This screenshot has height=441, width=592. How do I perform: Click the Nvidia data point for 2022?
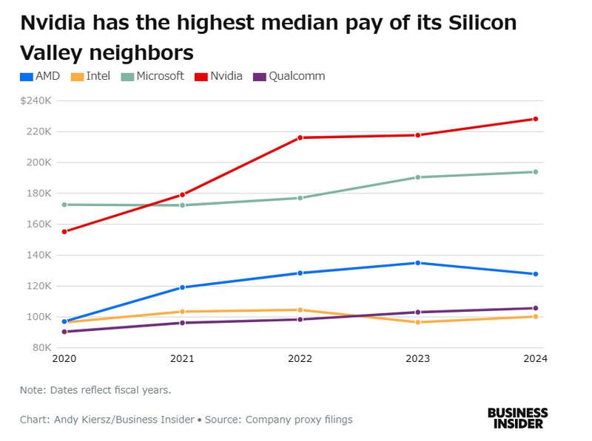tap(300, 137)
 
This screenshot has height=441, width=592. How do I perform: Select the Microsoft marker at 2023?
tap(418, 177)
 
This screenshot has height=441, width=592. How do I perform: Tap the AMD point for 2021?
tap(183, 287)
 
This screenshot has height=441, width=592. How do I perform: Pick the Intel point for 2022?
tap(300, 310)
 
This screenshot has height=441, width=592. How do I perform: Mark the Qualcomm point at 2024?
tap(535, 308)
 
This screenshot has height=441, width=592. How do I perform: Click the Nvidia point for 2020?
tap(65, 232)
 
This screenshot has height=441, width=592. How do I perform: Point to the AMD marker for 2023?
tap(418, 263)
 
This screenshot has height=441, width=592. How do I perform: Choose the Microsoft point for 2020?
tap(65, 205)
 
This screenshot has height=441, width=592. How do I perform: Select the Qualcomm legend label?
tap(297, 76)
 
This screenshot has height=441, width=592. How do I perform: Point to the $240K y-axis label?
tap(36, 100)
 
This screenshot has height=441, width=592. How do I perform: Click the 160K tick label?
tap(38, 224)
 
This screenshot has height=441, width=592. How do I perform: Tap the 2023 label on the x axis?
tap(418, 360)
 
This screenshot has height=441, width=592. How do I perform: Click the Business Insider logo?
tap(517, 418)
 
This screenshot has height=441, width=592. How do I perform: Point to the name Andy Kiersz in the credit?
tap(81, 420)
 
